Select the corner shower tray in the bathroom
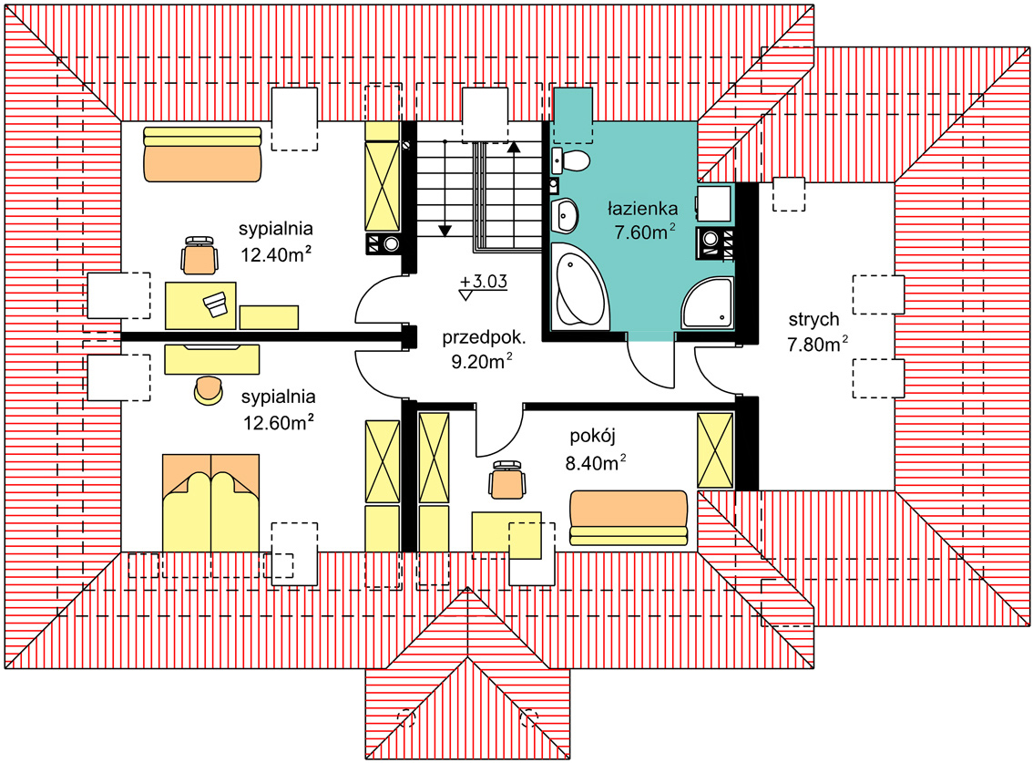(709, 303)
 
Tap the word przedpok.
(483, 337)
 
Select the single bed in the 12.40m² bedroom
(203, 153)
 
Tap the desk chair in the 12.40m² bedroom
(199, 256)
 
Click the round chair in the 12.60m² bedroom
(210, 389)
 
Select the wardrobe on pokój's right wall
(715, 450)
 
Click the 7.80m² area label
(818, 344)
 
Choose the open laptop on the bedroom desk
(216, 304)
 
